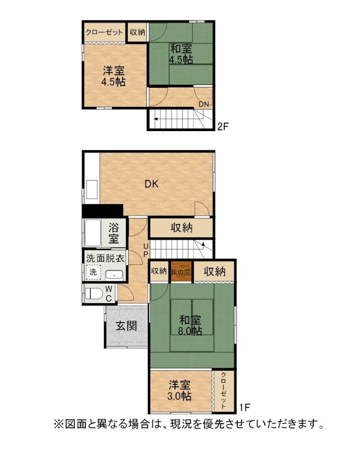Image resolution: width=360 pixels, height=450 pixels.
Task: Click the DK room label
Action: point(151,184)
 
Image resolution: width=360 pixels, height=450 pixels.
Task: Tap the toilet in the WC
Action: point(94,294)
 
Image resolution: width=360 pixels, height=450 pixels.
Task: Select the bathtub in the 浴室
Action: point(93,233)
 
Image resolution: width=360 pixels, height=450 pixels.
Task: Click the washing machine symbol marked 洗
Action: point(93,272)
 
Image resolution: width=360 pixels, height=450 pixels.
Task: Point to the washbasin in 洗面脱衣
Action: point(114,275)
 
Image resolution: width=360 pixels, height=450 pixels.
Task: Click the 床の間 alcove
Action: point(181,272)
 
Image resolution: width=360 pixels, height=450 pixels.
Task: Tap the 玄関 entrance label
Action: point(126,326)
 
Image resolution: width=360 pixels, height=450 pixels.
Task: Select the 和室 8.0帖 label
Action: point(190,325)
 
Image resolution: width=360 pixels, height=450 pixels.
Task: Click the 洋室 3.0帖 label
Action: point(179,390)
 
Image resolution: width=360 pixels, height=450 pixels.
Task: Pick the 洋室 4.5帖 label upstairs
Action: point(114,76)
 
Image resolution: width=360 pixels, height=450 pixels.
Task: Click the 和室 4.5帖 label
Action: point(181,54)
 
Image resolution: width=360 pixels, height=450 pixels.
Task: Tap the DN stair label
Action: point(204,104)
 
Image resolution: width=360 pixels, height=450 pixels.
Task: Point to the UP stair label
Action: point(146,250)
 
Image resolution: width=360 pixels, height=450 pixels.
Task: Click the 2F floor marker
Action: point(223,126)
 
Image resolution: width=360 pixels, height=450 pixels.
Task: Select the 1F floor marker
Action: point(244,407)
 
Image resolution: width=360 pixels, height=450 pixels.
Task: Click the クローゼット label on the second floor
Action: point(104,32)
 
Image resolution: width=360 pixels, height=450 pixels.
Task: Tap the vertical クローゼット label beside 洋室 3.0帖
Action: point(224,390)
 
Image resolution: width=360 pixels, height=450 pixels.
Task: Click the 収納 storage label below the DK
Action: point(182,228)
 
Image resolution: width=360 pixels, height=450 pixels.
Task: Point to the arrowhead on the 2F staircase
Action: point(156,119)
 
